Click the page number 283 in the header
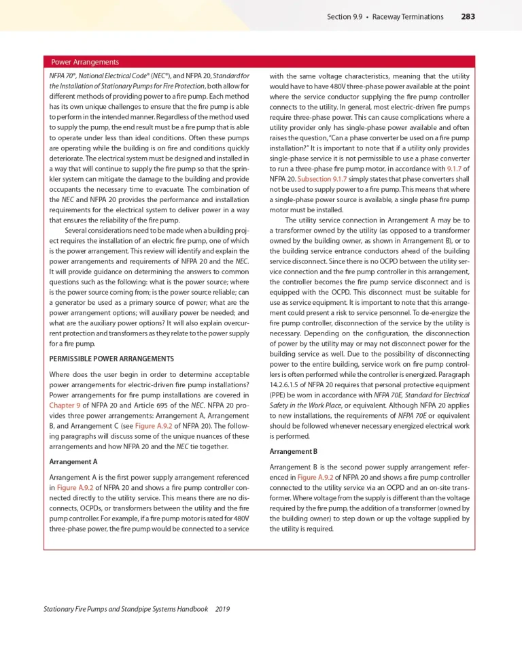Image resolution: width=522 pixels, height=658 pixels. (x=468, y=16)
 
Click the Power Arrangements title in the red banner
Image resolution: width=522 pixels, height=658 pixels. (x=85, y=62)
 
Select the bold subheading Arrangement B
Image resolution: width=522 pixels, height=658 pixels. (x=294, y=452)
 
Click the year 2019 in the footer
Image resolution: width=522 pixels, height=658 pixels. (x=222, y=610)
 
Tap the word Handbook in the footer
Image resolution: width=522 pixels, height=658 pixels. (x=189, y=610)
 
